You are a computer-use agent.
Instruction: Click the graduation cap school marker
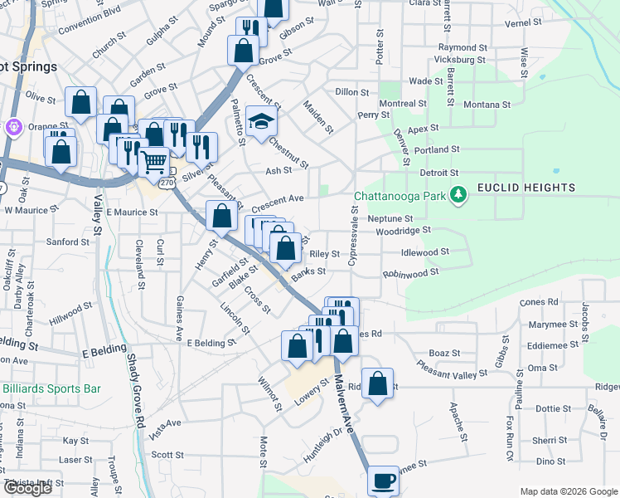click(261, 122)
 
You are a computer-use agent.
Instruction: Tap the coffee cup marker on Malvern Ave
click(383, 480)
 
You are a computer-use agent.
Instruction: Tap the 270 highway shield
click(167, 182)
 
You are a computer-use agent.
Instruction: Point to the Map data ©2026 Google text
click(569, 491)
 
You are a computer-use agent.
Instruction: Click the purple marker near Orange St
click(13, 127)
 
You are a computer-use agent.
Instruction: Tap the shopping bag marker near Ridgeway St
click(378, 384)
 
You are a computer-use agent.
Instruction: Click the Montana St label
click(487, 105)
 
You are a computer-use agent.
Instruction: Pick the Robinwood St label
click(410, 272)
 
